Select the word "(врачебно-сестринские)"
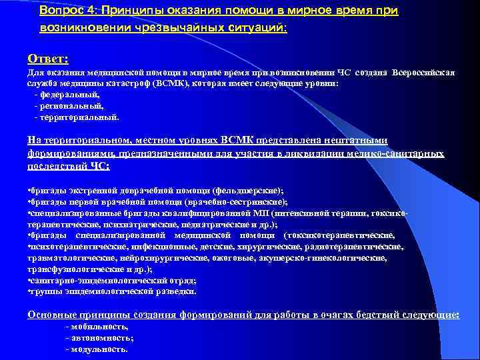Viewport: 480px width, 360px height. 247,201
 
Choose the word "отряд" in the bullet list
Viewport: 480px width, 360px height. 181,280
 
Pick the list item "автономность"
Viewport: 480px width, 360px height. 100,338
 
